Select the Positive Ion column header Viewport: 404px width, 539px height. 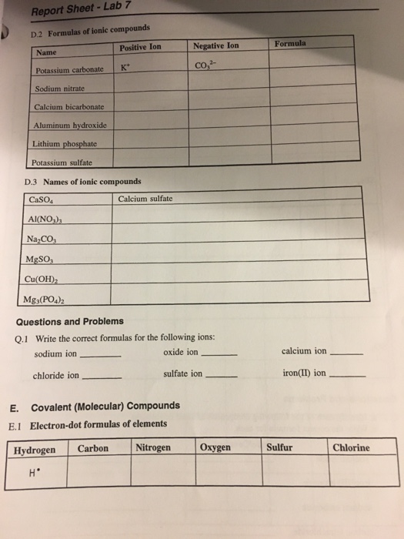pyautogui.click(x=141, y=46)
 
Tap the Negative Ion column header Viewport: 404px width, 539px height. pyautogui.click(x=215, y=45)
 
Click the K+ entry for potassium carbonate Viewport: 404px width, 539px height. pyautogui.click(x=125, y=67)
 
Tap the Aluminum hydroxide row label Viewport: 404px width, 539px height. pyautogui.click(x=70, y=125)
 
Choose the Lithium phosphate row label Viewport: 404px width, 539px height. pyautogui.click(x=65, y=143)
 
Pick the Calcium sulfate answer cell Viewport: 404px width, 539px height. pyautogui.click(x=146, y=199)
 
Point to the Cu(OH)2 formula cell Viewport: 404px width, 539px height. pyautogui.click(x=42, y=279)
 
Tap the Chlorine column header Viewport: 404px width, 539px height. pyautogui.click(x=351, y=447)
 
